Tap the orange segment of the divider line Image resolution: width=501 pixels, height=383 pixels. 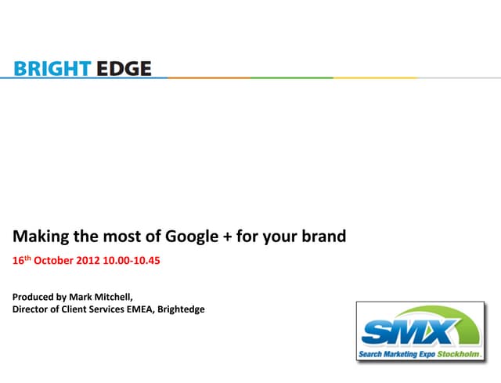pyautogui.click(x=208, y=78)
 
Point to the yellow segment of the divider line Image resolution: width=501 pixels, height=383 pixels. pyautogui.click(x=368, y=78)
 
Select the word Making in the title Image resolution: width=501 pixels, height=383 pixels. pyautogui.click(x=40, y=236)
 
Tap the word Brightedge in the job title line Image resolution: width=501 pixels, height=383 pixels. pyautogui.click(x=181, y=309)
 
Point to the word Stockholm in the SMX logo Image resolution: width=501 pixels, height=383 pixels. pyautogui.click(x=463, y=355)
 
